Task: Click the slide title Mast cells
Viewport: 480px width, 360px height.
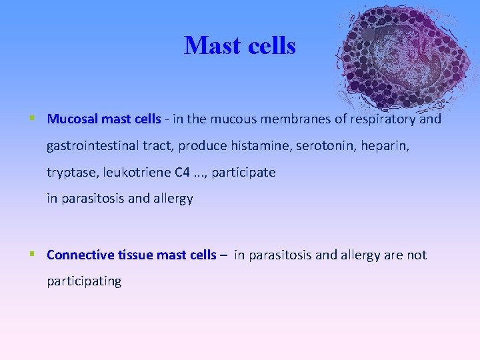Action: (239, 45)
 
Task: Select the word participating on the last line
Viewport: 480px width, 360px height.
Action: (84, 281)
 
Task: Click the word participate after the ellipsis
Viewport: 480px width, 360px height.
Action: (243, 173)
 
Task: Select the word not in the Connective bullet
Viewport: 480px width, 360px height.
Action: (417, 255)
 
